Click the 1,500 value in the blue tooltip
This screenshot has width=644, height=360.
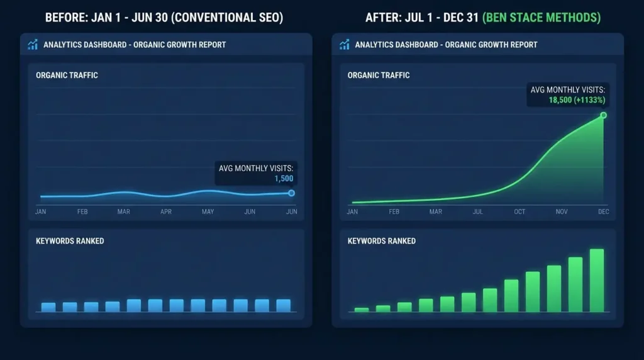point(284,178)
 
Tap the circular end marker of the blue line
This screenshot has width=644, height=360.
point(291,193)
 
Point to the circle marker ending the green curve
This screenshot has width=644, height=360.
point(603,115)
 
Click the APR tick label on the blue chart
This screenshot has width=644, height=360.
point(166,212)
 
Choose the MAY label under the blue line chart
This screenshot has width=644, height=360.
point(208,212)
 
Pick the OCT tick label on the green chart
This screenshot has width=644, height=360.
point(519,212)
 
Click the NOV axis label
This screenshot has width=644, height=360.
point(562,212)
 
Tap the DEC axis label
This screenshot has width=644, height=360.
point(604,212)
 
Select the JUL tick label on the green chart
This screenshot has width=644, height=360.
point(478,212)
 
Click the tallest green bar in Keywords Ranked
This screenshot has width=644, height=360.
point(597,281)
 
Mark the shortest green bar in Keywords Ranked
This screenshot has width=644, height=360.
point(362,310)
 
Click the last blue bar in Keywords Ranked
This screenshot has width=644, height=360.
point(284,305)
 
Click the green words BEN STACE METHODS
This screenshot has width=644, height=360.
point(541,18)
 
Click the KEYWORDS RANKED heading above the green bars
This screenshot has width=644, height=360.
point(382,241)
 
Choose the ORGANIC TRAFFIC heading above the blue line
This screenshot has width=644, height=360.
point(67,76)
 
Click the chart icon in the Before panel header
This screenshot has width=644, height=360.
point(33,45)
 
